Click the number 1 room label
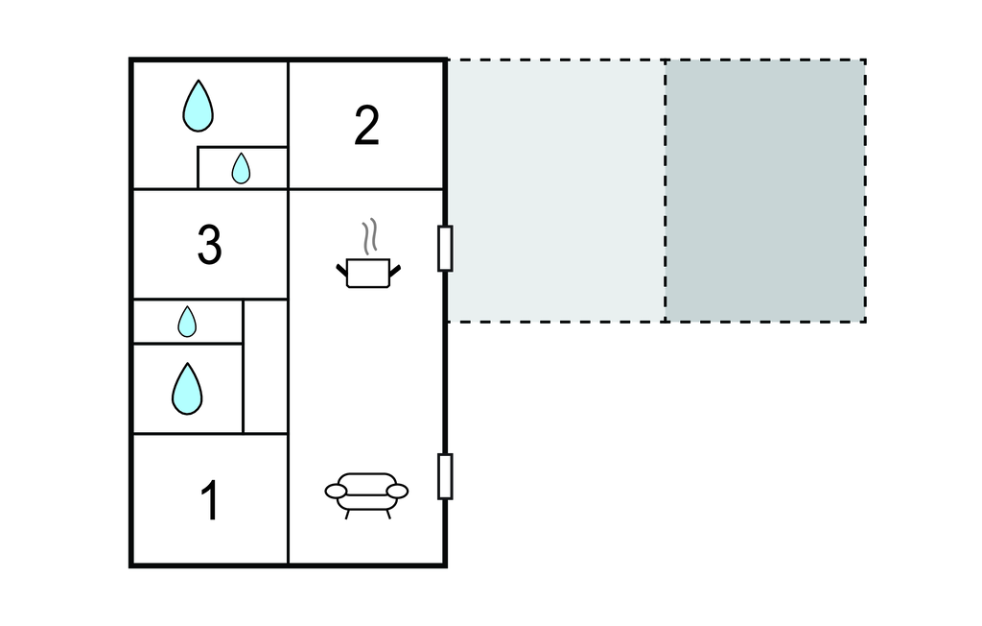tap(210, 500)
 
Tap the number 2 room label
tap(366, 126)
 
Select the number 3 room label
tap(209, 245)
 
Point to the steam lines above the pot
tap(370, 236)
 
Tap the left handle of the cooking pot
tap(342, 271)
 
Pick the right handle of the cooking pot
tap(394, 271)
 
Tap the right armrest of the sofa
tap(397, 492)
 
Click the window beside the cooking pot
tap(445, 249)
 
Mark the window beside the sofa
tap(445, 477)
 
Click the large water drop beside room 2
tap(198, 106)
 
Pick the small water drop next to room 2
tap(241, 168)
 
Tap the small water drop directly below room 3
tap(187, 322)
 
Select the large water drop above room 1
tap(187, 389)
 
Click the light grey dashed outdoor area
tap(555, 191)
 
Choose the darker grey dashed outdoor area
tap(765, 191)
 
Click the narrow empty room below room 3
tap(266, 367)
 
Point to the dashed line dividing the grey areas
tap(666, 191)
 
